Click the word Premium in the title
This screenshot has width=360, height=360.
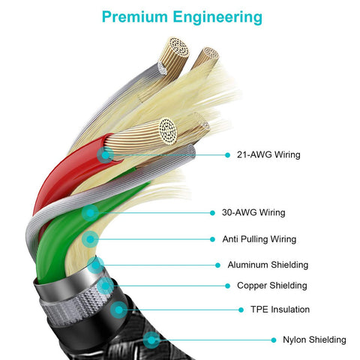pyautogui.click(x=135, y=16)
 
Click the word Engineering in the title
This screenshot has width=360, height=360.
pyautogui.click(x=217, y=17)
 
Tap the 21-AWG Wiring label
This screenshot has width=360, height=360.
pyautogui.click(x=268, y=154)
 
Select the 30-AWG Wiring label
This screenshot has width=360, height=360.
pyautogui.click(x=253, y=212)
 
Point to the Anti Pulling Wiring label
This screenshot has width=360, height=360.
pyautogui.click(x=259, y=239)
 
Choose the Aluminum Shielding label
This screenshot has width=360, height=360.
pyautogui.click(x=268, y=265)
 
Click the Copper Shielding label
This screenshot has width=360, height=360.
pyautogui.click(x=272, y=286)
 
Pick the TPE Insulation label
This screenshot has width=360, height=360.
pyautogui.click(x=280, y=310)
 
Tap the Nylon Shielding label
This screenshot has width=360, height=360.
pyautogui.click(x=314, y=340)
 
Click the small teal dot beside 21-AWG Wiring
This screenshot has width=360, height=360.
pyautogui.click(x=227, y=155)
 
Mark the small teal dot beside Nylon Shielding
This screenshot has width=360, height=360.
pyautogui.click(x=274, y=340)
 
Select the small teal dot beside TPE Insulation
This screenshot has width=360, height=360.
pyautogui.click(x=241, y=310)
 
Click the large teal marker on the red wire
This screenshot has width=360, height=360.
pyautogui.click(x=106, y=155)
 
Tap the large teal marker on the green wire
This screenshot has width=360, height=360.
pyautogui.click(x=90, y=213)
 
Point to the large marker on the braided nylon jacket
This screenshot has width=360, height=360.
pyautogui.click(x=151, y=340)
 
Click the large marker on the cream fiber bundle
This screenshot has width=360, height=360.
pyautogui.click(x=90, y=239)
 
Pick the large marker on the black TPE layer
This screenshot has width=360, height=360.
pyautogui.click(x=119, y=310)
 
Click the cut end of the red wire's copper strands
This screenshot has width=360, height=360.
pyautogui.click(x=168, y=131)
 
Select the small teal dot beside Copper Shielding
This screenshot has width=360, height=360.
pyautogui.click(x=227, y=286)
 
